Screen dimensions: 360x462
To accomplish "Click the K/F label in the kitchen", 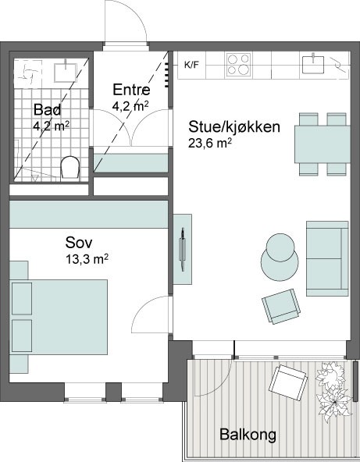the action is coord(191,65).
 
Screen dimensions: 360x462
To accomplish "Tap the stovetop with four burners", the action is coord(238,65).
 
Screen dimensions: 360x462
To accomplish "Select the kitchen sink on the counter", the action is coord(313,64).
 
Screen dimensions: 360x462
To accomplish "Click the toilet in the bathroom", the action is coord(70,168).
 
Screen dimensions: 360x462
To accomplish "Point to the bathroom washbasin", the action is coord(65,71).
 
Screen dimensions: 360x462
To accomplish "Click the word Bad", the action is coord(47,109).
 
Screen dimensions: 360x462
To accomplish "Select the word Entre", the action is coord(131,90).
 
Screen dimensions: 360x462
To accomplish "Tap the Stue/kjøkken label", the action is coord(234,127).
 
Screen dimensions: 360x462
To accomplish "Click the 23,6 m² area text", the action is coord(209,143).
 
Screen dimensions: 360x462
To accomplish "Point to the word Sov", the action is coord(79,243).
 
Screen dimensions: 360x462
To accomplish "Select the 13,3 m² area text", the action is coord(87,259).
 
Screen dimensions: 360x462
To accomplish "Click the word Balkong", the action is coord(248,435).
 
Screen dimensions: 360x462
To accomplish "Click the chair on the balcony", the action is coord(287,382).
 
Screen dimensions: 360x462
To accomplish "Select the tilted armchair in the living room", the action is coord(281,307).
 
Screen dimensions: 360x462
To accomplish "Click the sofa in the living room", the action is coord(327,258).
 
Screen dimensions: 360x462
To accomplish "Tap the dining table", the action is coord(323,144).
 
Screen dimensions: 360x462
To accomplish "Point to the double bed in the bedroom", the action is coord(59,317).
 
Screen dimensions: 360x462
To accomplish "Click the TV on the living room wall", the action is coord(182,249).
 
